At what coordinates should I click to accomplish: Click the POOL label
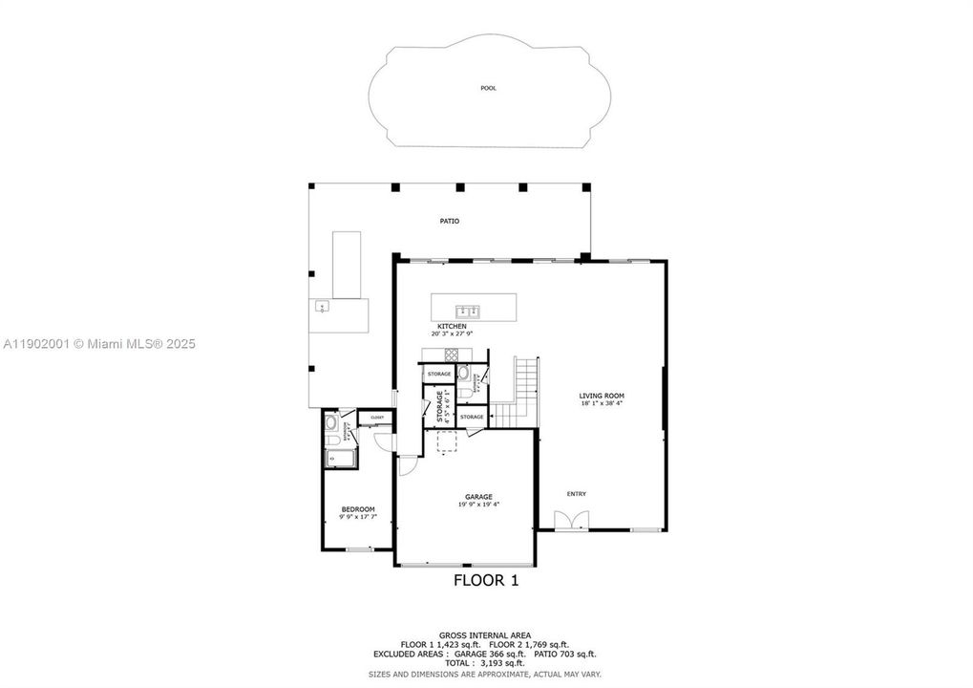pyautogui.click(x=489, y=88)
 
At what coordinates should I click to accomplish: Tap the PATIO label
pyautogui.click(x=449, y=221)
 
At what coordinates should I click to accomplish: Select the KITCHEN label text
pyautogui.click(x=452, y=327)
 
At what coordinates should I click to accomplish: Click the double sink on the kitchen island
pyautogui.click(x=468, y=310)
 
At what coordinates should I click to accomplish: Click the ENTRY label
pyautogui.click(x=576, y=494)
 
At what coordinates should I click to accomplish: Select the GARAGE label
pyautogui.click(x=478, y=497)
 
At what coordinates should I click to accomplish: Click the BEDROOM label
pyautogui.click(x=358, y=509)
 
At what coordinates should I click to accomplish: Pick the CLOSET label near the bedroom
pyautogui.click(x=377, y=418)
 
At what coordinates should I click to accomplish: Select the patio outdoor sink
pyautogui.click(x=324, y=307)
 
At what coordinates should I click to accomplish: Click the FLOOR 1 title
pyautogui.click(x=485, y=580)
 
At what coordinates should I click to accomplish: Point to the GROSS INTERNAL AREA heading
pyautogui.click(x=485, y=634)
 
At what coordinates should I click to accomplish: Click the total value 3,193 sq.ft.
pyautogui.click(x=508, y=662)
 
